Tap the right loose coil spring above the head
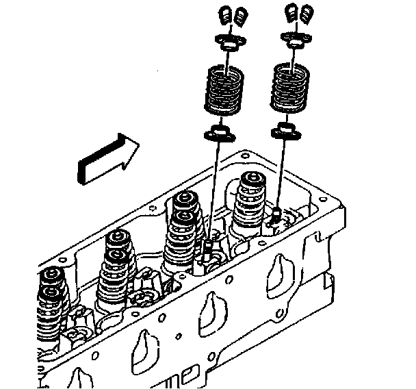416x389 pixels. [x=289, y=86]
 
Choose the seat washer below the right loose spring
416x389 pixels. [x=283, y=129]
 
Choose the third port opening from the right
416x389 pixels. [x=146, y=343]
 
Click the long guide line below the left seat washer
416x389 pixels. [x=214, y=185]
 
